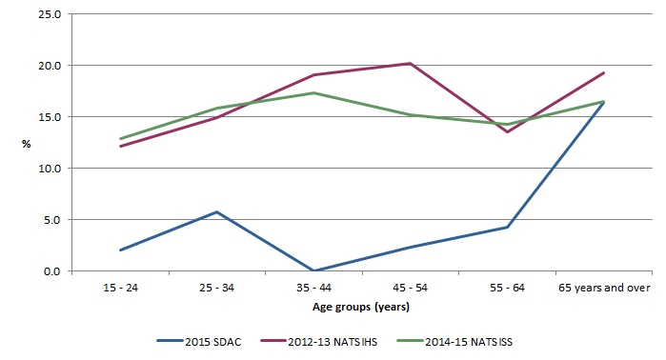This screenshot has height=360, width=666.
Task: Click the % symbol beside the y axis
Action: tap(27, 144)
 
